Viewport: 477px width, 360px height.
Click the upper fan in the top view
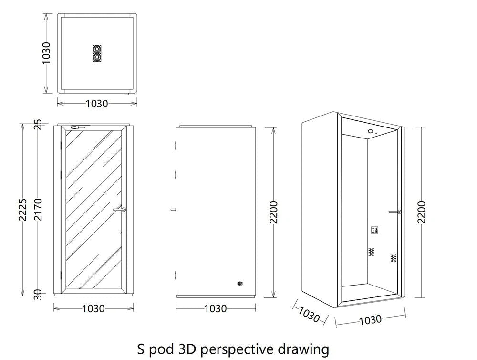click(97, 49)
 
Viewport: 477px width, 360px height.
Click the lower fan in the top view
click(97, 57)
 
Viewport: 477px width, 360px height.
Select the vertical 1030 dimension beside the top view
click(46, 53)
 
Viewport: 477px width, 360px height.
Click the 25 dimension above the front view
click(38, 124)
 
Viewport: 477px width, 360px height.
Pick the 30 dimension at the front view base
click(38, 295)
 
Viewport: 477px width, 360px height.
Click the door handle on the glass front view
click(120, 210)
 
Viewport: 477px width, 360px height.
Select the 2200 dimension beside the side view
click(274, 212)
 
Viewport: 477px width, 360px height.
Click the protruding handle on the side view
click(173, 210)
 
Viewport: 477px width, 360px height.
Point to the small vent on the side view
click(240, 284)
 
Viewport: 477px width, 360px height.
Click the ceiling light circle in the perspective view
click(371, 132)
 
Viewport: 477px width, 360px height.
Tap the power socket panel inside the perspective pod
click(374, 230)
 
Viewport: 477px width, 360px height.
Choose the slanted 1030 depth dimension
click(310, 314)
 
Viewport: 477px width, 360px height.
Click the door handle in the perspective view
click(395, 212)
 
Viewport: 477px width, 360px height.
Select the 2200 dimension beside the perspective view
click(422, 212)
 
